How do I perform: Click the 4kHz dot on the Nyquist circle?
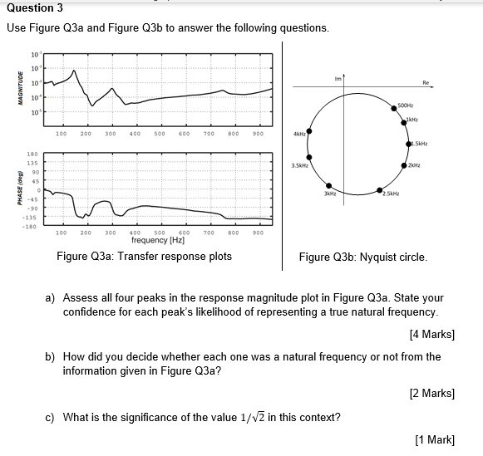[x=309, y=130]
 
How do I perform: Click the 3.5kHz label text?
[x=299, y=166]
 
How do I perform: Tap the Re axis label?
[x=426, y=83]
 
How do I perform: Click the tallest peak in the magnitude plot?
[x=76, y=70]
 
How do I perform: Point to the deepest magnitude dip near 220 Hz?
[x=93, y=105]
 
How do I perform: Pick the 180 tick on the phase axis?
[x=33, y=154]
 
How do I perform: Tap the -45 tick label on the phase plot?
[x=33, y=199]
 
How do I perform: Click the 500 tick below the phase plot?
[x=160, y=233]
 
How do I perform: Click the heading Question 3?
[x=35, y=7]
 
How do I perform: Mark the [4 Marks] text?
[x=432, y=335]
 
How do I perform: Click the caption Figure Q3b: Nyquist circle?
[x=363, y=257]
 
